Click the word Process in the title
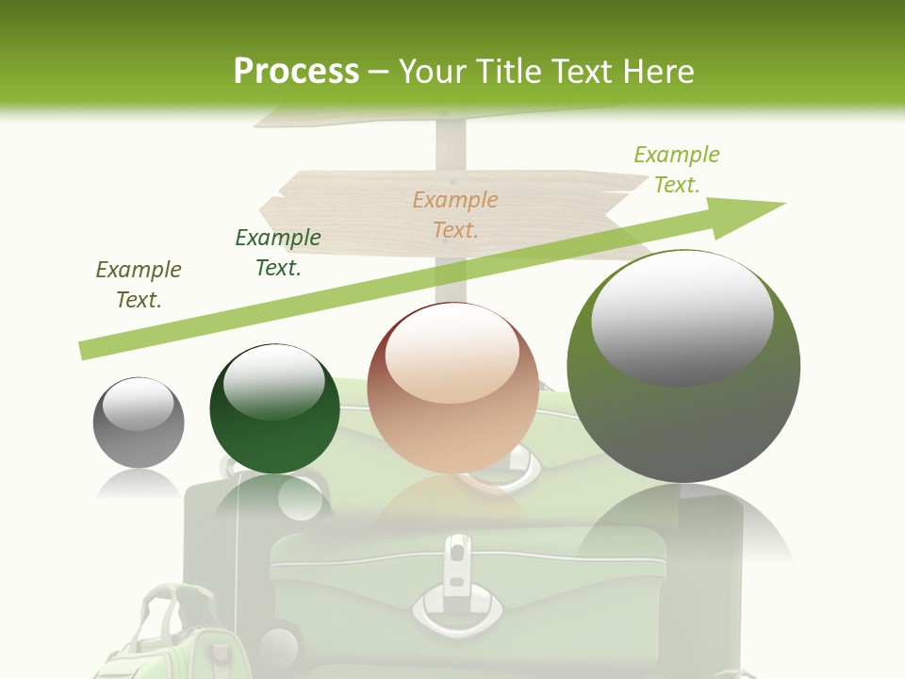pyautogui.click(x=296, y=71)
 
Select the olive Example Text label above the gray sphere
pyautogui.click(x=138, y=285)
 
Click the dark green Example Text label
pyautogui.click(x=277, y=253)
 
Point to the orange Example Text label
pyautogui.click(x=455, y=214)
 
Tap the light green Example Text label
pyautogui.click(x=676, y=170)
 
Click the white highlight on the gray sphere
pyautogui.click(x=138, y=405)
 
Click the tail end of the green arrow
pyautogui.click(x=83, y=351)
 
